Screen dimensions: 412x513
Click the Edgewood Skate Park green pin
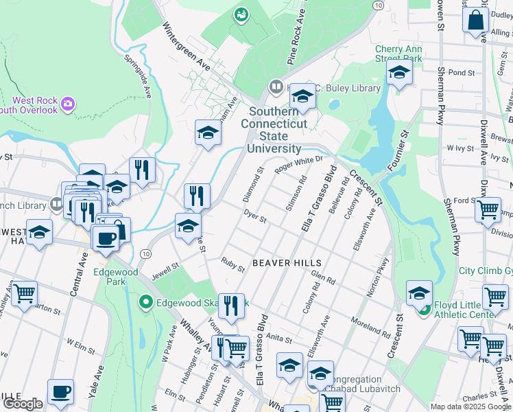click(x=145, y=301)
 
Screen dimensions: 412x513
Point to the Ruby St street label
click(x=232, y=264)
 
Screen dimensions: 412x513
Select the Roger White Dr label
click(x=298, y=165)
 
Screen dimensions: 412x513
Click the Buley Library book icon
click(x=276, y=87)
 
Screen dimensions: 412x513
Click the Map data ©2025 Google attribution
click(x=470, y=406)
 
